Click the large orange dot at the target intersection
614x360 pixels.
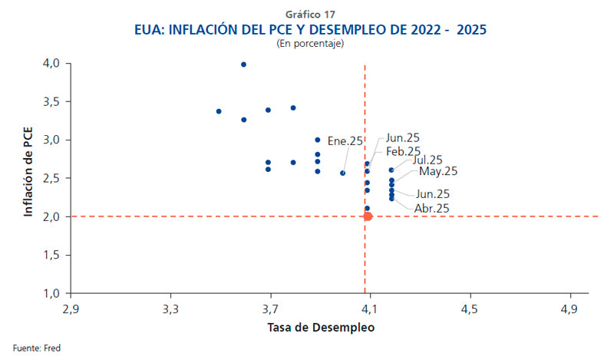point(368,216)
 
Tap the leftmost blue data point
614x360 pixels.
point(219,111)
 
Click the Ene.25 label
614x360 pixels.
point(345,141)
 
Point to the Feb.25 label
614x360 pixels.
point(403,151)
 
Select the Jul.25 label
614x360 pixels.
point(427,160)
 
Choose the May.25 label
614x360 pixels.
point(437,170)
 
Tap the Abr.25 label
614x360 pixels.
point(432,208)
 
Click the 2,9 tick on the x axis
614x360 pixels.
point(71,309)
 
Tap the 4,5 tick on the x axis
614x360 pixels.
point(470,309)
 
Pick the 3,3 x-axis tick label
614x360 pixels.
point(171,309)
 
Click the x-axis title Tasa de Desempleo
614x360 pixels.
point(321,328)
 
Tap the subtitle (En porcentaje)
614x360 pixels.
point(310,44)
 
